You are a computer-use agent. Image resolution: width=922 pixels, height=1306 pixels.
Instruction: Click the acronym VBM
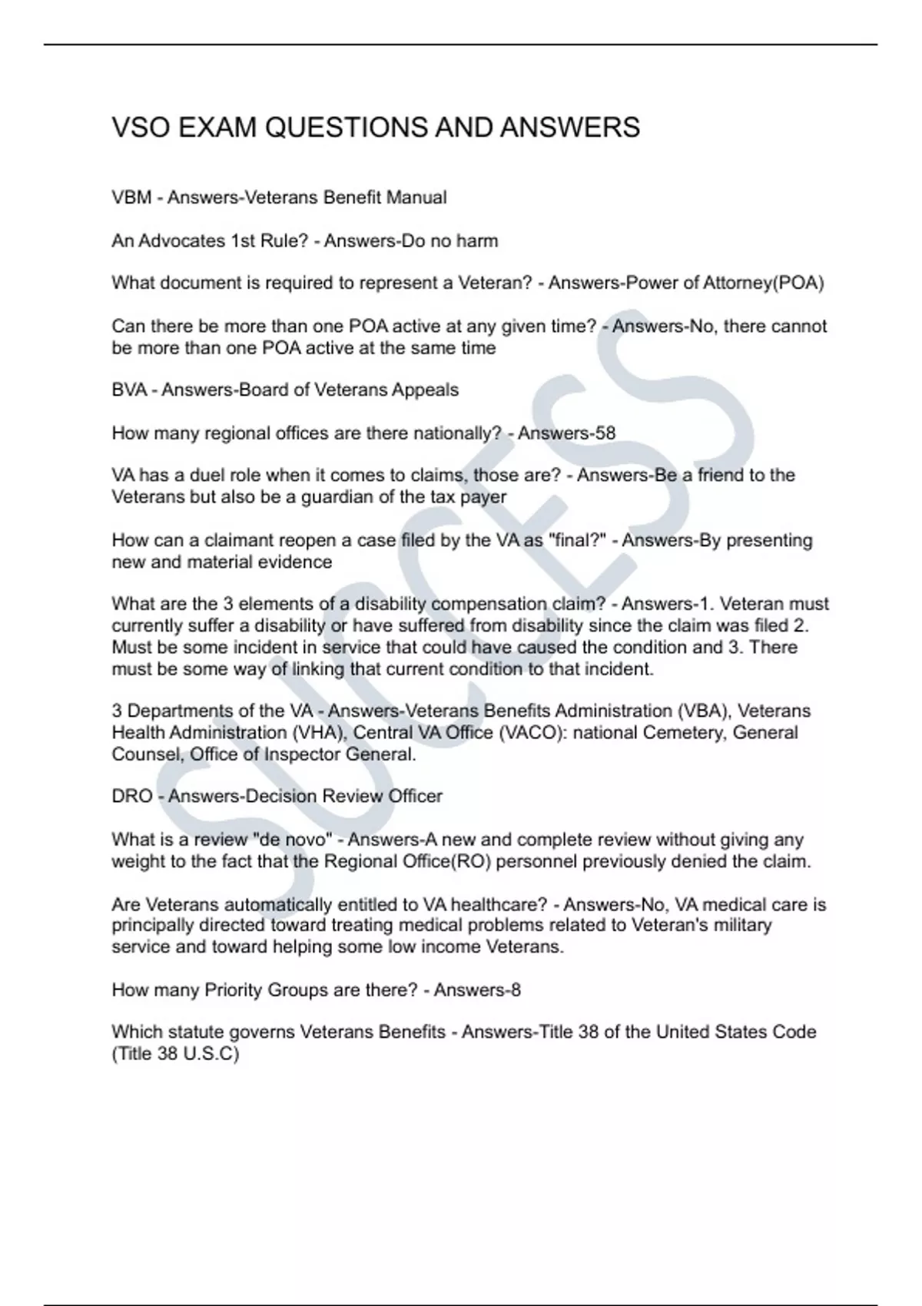131,197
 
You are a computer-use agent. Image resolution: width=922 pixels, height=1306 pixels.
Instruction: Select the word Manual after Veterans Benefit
416,197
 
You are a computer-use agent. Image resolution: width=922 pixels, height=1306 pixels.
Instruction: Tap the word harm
477,240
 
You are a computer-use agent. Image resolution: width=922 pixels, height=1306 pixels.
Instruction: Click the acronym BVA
129,389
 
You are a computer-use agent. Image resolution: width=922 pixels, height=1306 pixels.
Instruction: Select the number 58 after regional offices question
605,433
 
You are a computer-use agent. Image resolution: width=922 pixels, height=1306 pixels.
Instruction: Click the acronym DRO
132,796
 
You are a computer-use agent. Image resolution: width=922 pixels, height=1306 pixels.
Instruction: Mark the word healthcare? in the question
500,904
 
